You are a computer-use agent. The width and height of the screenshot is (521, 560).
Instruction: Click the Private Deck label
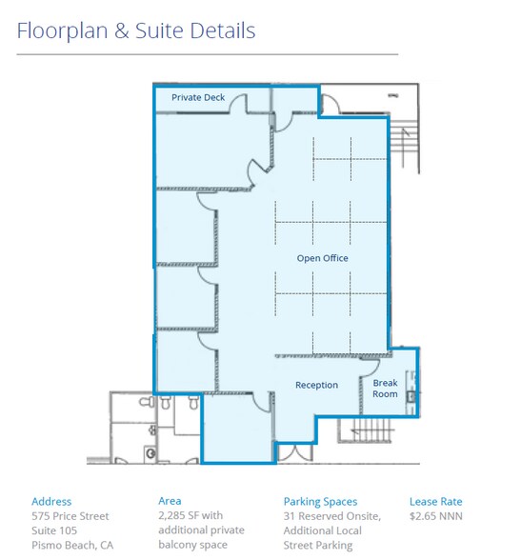tap(198, 97)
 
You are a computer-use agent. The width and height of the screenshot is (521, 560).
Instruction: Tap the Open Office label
tap(323, 258)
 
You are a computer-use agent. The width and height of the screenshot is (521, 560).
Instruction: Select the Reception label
tap(316, 385)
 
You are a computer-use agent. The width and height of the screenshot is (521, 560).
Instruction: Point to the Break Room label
tap(385, 389)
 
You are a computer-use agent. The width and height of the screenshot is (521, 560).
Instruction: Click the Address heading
tap(51, 501)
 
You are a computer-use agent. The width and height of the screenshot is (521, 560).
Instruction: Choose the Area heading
tap(170, 501)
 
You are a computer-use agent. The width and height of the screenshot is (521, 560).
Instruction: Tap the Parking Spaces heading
tap(320, 502)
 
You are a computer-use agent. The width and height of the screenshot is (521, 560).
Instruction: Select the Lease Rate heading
tap(435, 501)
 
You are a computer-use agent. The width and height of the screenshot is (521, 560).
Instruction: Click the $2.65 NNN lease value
tap(435, 516)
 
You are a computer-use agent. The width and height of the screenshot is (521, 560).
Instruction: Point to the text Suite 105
tap(54, 530)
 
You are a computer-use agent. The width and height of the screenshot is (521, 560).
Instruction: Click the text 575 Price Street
tap(70, 516)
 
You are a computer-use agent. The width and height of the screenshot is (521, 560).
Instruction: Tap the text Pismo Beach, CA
tap(72, 546)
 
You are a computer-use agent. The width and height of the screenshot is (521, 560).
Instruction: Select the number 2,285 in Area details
tap(172, 516)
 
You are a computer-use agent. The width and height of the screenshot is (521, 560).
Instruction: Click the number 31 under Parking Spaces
tap(289, 516)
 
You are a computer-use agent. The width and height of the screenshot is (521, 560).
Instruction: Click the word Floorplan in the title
tap(62, 31)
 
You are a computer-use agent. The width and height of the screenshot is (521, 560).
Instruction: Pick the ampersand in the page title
tap(121, 30)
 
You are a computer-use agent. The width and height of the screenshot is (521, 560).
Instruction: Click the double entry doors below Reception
tap(295, 452)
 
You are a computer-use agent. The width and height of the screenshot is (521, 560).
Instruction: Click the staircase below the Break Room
tap(366, 430)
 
